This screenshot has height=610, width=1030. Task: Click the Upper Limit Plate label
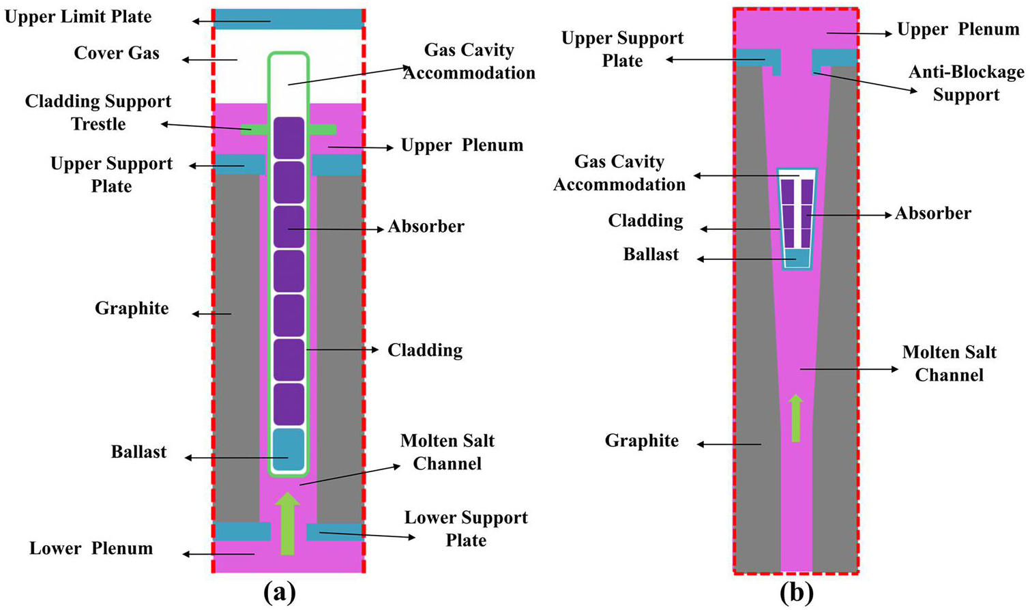[78, 16]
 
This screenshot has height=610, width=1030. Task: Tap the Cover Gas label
[117, 53]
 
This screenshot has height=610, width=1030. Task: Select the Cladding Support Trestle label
[98, 113]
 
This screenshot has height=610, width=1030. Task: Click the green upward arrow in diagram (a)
[287, 523]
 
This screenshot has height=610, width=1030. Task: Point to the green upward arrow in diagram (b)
[795, 418]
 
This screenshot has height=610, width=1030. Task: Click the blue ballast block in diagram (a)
[289, 450]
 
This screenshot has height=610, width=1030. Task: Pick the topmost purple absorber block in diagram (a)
[289, 138]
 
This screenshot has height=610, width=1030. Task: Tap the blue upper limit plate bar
[289, 18]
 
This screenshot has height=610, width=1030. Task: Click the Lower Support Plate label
[466, 529]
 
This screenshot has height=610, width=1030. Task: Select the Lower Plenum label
[91, 549]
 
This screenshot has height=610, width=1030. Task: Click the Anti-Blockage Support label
[966, 83]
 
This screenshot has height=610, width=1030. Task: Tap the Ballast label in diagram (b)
[651, 255]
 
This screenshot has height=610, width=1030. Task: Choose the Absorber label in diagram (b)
[932, 214]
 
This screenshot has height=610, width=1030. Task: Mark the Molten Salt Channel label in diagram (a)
[447, 452]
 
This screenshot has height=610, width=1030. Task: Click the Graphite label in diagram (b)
[641, 441]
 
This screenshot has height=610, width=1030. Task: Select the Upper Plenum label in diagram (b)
[958, 30]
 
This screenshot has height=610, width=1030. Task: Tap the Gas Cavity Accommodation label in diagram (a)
[469, 61]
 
